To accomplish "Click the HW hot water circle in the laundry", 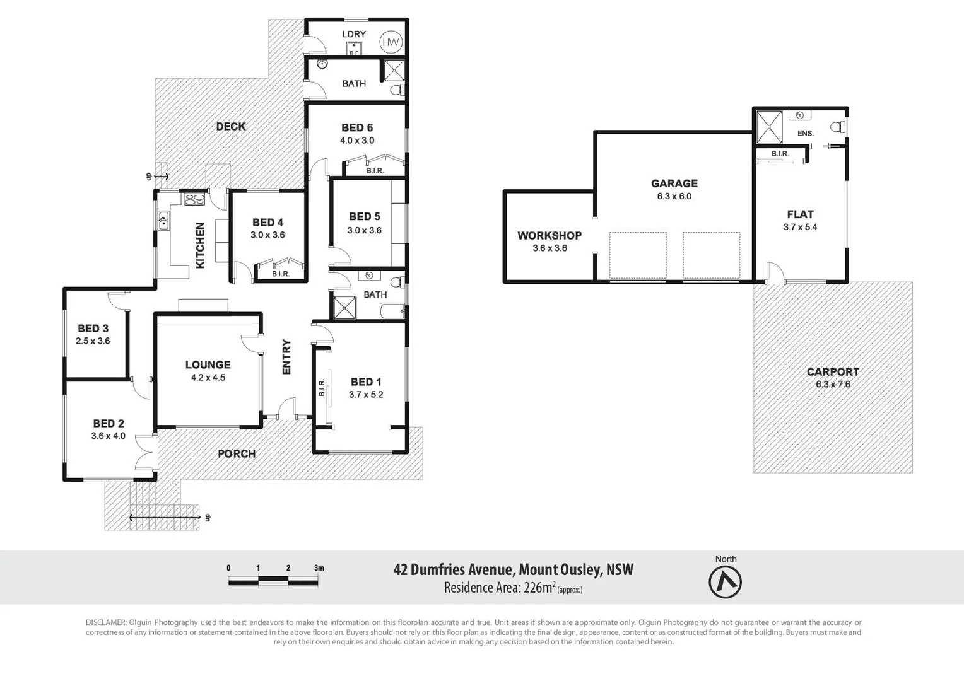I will click(391, 42).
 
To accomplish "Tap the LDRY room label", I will click(354, 34).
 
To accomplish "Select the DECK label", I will click(231, 126).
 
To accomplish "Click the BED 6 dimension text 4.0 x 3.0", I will click(357, 141).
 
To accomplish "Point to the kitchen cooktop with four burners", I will click(194, 200).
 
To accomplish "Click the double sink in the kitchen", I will click(163, 221).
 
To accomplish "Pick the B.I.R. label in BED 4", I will click(281, 274).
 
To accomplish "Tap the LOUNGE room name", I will click(208, 364).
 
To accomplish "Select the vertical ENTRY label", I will click(286, 357).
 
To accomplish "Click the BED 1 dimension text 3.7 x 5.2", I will click(366, 395).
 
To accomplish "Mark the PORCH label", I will click(237, 453).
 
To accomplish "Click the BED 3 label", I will click(93, 329).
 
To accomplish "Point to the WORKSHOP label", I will click(550, 235).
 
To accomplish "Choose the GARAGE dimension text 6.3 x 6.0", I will click(674, 196).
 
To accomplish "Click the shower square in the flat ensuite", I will click(768, 127).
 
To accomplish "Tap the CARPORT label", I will click(833, 371).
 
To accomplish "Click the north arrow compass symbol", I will click(725, 581).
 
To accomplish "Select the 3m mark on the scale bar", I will click(319, 568).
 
